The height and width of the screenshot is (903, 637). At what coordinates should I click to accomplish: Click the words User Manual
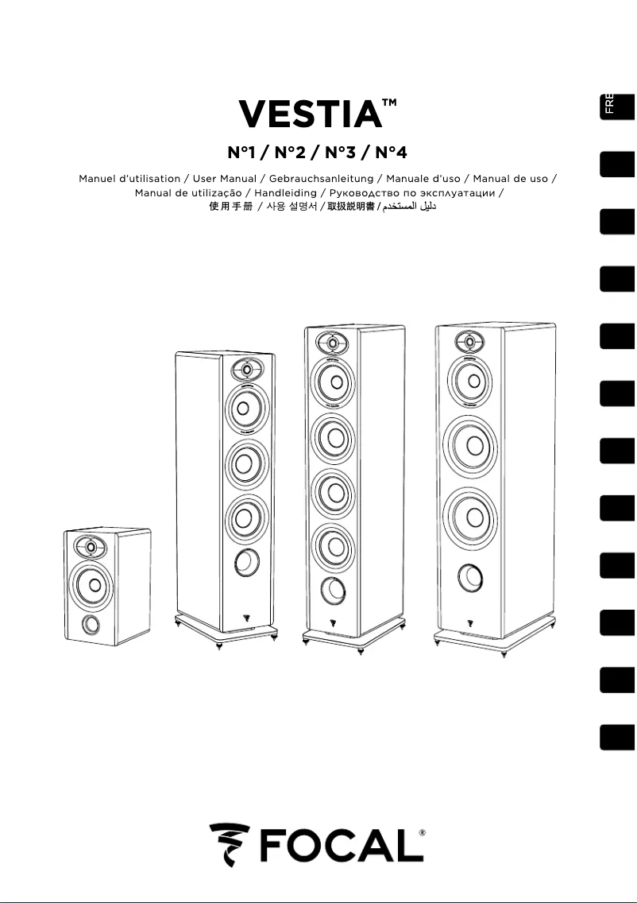point(226,179)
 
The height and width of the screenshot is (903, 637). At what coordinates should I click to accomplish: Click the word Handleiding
point(286,193)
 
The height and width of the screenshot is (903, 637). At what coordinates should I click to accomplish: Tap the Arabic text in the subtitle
point(410,207)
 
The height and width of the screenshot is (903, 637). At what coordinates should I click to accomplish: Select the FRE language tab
point(616,106)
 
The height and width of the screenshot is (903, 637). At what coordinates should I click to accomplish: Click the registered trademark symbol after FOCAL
point(421,832)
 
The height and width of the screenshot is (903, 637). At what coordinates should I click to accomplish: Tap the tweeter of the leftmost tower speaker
point(246,369)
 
